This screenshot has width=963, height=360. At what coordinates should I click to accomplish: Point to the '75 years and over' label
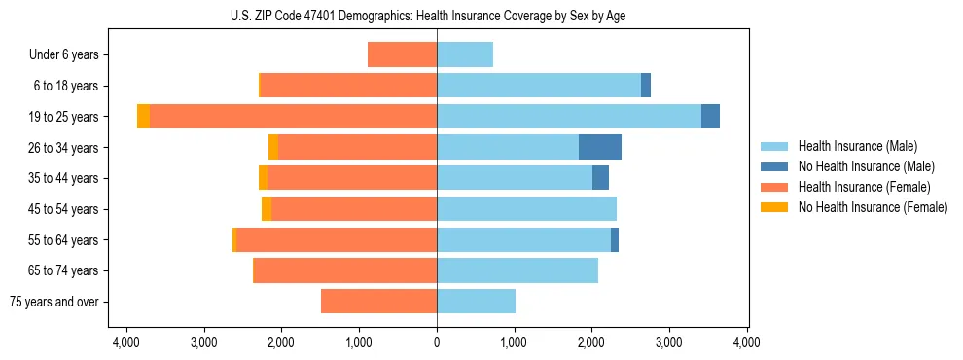[x=54, y=302]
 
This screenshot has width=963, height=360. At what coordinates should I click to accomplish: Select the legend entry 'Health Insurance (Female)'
[x=864, y=187]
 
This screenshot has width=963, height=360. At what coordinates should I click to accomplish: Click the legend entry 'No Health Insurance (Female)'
[x=872, y=207]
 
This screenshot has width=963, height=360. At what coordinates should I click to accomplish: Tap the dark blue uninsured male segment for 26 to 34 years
[x=599, y=148]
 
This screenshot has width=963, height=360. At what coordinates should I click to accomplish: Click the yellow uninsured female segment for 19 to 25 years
[x=143, y=117]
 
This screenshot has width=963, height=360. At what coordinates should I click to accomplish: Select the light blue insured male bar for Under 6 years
[x=465, y=55]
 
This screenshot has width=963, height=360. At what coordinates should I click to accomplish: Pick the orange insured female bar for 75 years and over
[x=378, y=302]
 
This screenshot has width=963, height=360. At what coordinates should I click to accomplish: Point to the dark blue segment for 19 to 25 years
[x=710, y=117]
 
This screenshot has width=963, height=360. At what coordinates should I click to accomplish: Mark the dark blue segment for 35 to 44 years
[x=600, y=178]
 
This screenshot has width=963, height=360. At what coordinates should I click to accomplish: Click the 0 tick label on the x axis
[x=437, y=342]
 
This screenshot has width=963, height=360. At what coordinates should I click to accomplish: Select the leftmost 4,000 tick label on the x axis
[x=126, y=342]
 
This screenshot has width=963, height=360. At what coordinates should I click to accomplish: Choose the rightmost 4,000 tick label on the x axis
[x=746, y=342]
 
